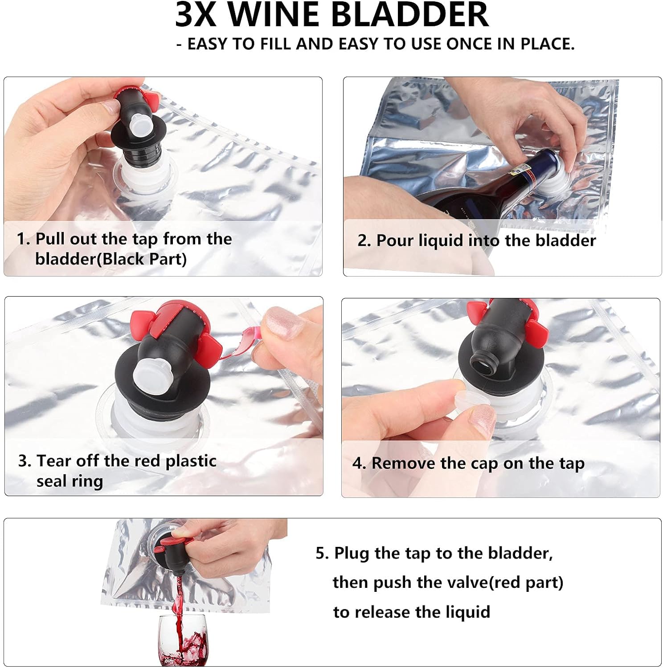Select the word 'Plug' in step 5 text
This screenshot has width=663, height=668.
352,554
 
